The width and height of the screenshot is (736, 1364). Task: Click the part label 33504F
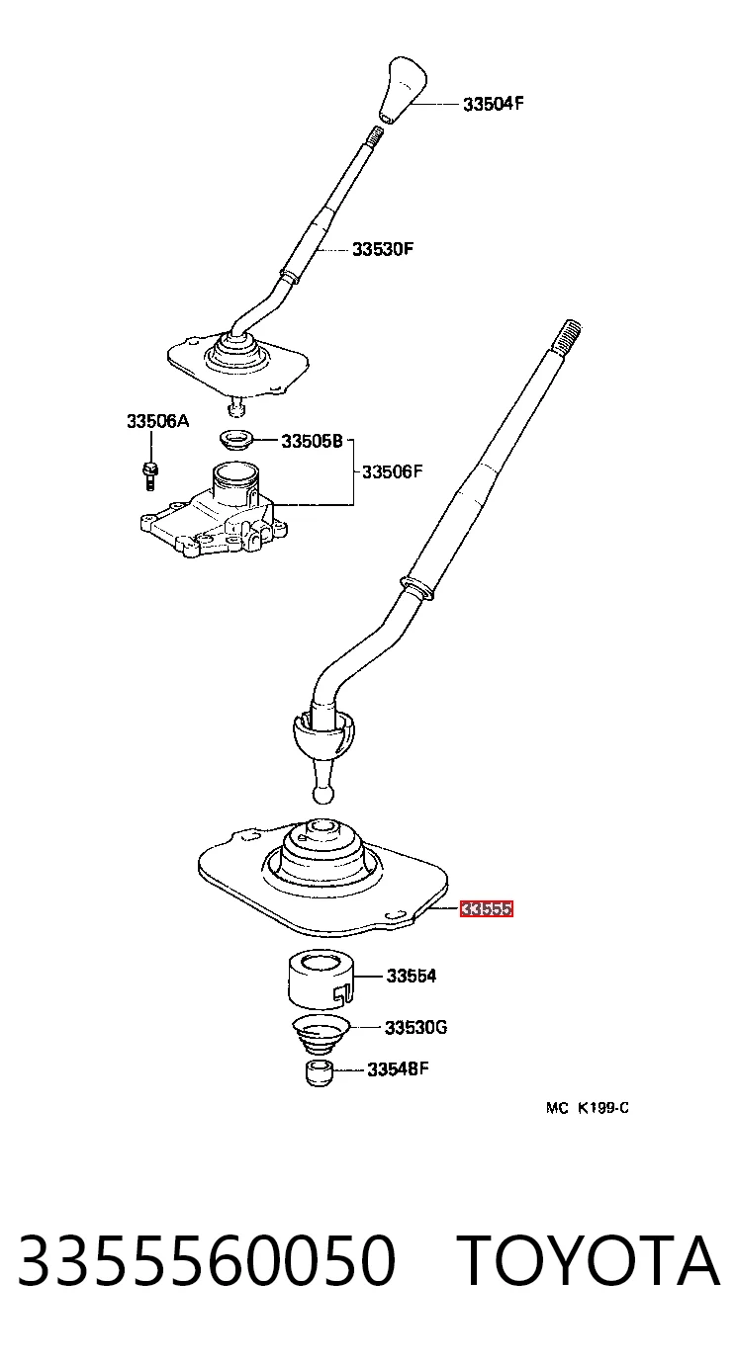click(x=493, y=104)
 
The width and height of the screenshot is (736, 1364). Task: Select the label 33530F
click(x=383, y=249)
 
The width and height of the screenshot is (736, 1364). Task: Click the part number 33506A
click(x=157, y=421)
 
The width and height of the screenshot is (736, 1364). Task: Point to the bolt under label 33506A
click(x=149, y=475)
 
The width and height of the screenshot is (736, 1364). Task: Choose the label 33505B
click(x=312, y=441)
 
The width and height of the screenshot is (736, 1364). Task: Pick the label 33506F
click(x=393, y=471)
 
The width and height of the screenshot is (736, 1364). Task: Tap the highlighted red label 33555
click(x=486, y=909)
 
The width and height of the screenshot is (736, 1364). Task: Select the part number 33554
click(x=412, y=977)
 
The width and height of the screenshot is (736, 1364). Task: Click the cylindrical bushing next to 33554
click(x=321, y=982)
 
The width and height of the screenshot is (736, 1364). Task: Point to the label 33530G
click(x=415, y=1028)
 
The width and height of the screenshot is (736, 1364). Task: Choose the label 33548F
click(x=398, y=1069)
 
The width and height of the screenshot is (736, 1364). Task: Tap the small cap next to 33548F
click(x=320, y=1073)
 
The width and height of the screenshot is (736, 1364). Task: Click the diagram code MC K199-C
click(x=588, y=1108)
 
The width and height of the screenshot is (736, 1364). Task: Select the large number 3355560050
click(x=207, y=1260)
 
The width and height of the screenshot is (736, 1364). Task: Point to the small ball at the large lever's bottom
click(x=322, y=795)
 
